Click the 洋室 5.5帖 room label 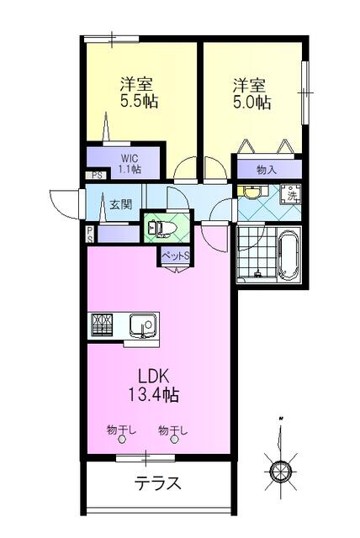[139, 92]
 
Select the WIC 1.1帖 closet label [130, 164]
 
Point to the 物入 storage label [267, 169]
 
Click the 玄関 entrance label [120, 205]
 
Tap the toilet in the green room [161, 228]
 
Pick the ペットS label [175, 256]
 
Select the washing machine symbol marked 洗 [291, 195]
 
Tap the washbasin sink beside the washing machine [253, 193]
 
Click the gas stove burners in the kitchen [102, 324]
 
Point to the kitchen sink [143, 325]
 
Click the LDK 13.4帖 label [154, 385]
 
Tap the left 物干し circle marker [121, 440]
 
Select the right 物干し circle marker [175, 440]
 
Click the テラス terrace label [158, 483]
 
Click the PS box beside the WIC [96, 176]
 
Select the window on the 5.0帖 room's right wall [305, 92]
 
